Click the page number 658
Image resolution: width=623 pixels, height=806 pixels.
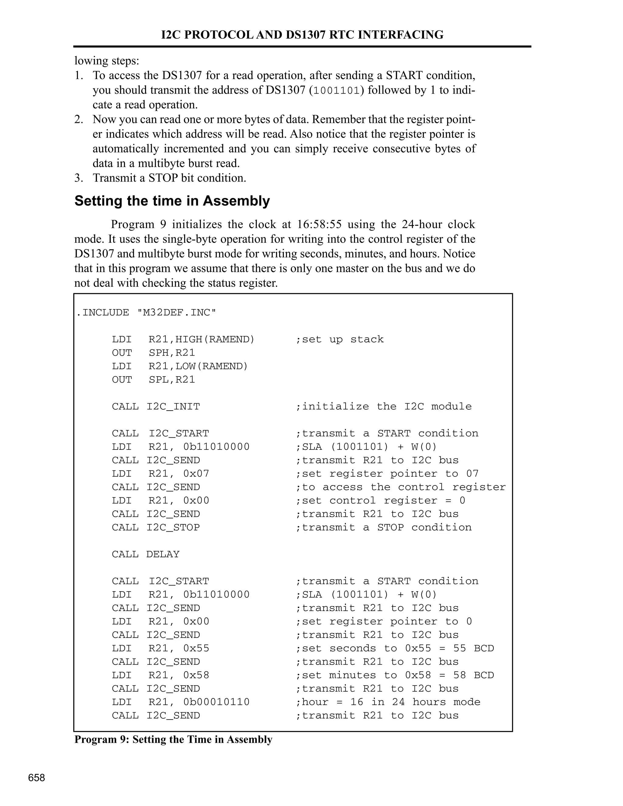coord(37,778)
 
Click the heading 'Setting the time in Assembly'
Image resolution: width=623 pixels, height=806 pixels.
coord(172,201)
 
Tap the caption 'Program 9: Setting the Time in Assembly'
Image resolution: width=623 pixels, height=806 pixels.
coord(173,740)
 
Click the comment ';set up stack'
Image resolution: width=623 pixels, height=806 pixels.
coord(339,339)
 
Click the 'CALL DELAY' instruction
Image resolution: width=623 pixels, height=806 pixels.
coord(145,554)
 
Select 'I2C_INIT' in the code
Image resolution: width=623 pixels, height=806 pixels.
coord(173,407)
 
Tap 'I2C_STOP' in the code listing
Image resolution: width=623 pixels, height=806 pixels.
coord(173,527)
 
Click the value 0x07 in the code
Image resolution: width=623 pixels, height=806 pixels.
coord(196,474)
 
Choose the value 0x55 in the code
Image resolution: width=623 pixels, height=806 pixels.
coord(196,648)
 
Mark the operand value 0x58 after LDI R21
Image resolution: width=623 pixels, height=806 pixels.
coord(196,675)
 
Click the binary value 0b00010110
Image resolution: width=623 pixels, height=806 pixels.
coord(216,702)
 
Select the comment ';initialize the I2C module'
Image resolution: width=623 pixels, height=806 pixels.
coord(384,407)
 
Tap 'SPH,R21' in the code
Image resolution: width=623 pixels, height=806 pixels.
coord(172,353)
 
